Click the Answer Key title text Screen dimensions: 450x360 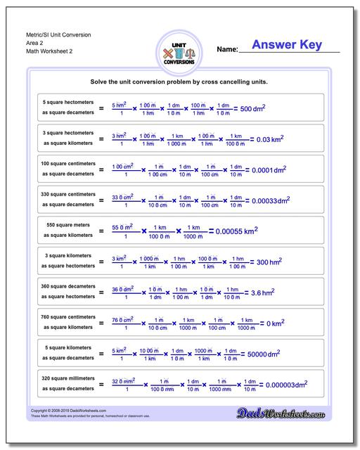point(287,46)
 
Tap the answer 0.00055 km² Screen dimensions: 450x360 point(236,231)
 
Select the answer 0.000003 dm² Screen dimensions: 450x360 point(283,384)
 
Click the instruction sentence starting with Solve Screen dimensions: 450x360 point(179,82)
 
